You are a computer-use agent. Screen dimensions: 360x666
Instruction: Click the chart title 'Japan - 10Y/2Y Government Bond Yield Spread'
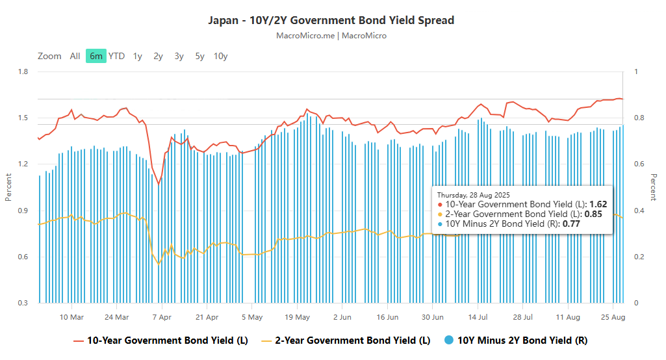click(331, 20)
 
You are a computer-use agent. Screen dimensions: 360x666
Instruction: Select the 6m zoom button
click(96, 56)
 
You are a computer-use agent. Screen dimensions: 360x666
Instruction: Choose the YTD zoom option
click(116, 56)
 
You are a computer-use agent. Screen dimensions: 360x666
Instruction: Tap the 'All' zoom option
click(75, 56)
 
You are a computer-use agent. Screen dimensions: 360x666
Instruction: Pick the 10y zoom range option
click(220, 56)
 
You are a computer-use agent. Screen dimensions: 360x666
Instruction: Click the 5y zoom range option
click(199, 56)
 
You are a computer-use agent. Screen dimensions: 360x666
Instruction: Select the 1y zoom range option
click(137, 56)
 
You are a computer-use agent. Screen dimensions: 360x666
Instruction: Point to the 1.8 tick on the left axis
click(23, 71)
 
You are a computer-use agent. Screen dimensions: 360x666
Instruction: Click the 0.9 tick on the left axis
click(23, 211)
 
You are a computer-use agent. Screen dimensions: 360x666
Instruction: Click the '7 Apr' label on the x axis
click(161, 317)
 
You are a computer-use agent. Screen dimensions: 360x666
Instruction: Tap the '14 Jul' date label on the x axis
click(478, 317)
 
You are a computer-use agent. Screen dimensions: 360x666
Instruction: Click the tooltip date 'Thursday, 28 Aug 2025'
click(473, 195)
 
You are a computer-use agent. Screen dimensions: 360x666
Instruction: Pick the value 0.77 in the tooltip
click(571, 224)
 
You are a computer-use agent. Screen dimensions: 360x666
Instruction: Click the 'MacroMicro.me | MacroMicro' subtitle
click(331, 36)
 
